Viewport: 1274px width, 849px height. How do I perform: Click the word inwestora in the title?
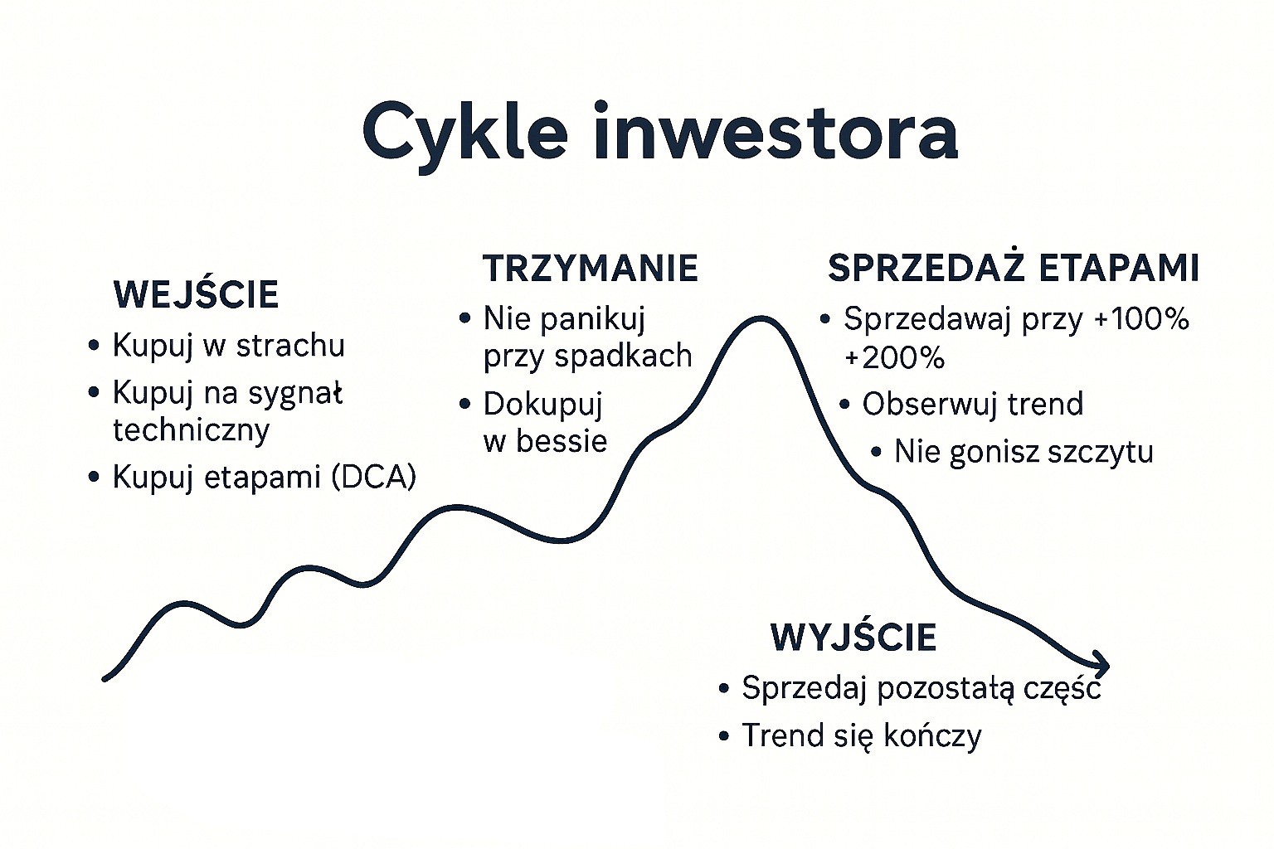coord(776,131)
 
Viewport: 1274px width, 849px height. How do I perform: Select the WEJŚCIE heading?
coord(197,294)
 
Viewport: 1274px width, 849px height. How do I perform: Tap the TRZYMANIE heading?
coord(591,269)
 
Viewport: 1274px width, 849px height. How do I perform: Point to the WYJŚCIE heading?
coord(853,638)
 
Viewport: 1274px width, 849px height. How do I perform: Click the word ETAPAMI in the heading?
coord(1119,269)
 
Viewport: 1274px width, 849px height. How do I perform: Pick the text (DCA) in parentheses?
coord(373,477)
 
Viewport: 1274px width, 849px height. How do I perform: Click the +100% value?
coord(1141,319)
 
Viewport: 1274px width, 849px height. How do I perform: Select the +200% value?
coord(895,359)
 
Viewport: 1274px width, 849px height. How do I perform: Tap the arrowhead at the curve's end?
coord(1101,664)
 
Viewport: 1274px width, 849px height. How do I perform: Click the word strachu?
coord(290,345)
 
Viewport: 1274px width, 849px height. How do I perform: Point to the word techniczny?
coord(191,430)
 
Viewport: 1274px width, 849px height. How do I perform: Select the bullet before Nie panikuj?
coord(465,318)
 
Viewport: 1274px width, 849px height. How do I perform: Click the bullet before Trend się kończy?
coord(724,736)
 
